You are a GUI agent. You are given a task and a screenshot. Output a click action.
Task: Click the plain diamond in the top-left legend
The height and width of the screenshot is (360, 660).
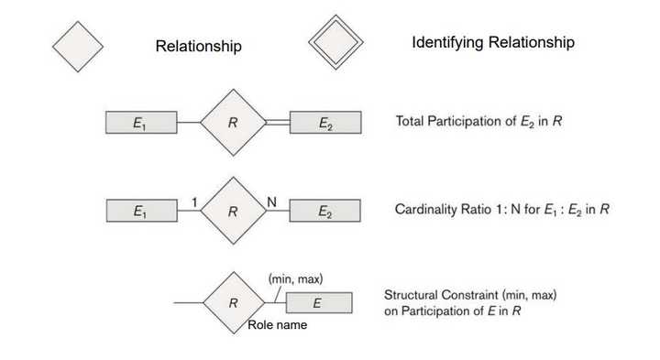click(78, 45)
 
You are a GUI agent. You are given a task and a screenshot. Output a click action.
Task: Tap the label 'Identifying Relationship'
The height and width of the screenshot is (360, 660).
click(493, 43)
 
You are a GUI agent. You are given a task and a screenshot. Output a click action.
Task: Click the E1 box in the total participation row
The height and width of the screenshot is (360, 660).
click(141, 123)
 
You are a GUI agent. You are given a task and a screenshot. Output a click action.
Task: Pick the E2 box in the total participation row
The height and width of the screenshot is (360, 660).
click(325, 123)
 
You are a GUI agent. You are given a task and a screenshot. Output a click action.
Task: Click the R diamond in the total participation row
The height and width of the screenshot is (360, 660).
click(233, 123)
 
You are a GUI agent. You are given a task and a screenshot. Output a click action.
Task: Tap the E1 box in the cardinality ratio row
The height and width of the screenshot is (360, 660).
click(141, 211)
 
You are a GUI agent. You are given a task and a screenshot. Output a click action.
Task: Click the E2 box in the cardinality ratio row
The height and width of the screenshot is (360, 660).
click(325, 211)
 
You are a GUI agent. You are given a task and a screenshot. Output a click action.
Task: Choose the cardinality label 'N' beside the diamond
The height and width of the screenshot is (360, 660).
click(271, 200)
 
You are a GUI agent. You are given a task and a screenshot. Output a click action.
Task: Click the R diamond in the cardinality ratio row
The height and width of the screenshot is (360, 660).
click(233, 211)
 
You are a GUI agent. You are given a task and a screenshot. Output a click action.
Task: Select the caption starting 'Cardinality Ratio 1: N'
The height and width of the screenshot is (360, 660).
click(502, 210)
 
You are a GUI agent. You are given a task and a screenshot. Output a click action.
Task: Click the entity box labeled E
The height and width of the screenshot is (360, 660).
click(318, 302)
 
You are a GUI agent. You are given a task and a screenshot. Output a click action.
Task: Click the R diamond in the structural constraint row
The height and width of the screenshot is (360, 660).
click(233, 302)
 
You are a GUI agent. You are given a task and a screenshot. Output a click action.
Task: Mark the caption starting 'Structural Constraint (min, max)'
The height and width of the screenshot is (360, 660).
click(470, 303)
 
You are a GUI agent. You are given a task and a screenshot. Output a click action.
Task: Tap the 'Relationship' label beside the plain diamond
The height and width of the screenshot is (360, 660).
click(199, 46)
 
